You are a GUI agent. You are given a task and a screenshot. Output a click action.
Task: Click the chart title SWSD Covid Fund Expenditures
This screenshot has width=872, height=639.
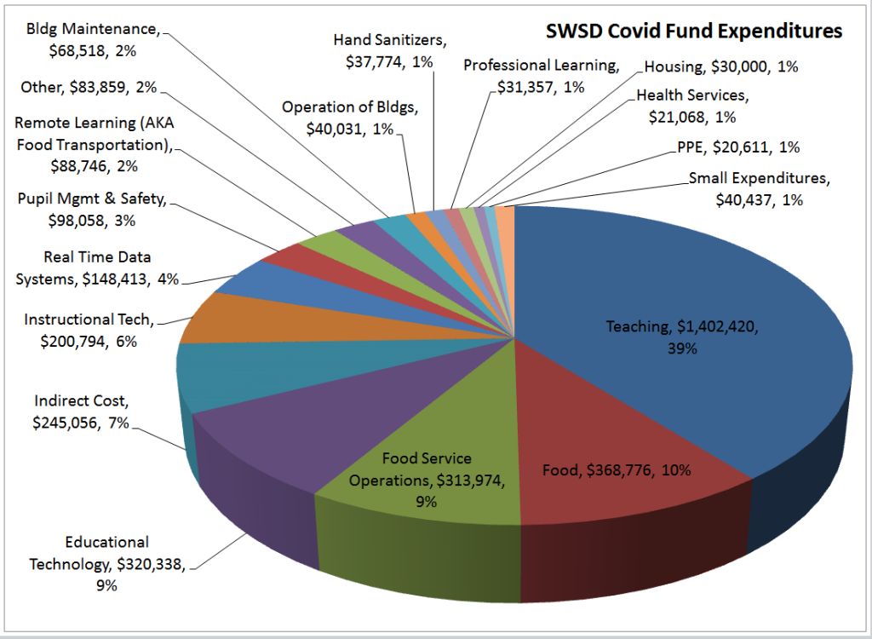[693, 32]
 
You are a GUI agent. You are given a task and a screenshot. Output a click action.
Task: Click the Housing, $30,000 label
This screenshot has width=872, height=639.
[720, 66]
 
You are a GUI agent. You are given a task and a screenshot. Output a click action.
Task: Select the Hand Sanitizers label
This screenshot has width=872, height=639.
[390, 50]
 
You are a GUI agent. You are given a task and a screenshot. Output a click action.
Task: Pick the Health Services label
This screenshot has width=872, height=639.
[691, 105]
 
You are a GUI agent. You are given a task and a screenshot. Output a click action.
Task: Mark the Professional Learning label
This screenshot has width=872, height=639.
[540, 76]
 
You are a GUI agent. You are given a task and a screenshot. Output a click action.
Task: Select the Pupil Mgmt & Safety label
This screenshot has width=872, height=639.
[92, 210]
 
